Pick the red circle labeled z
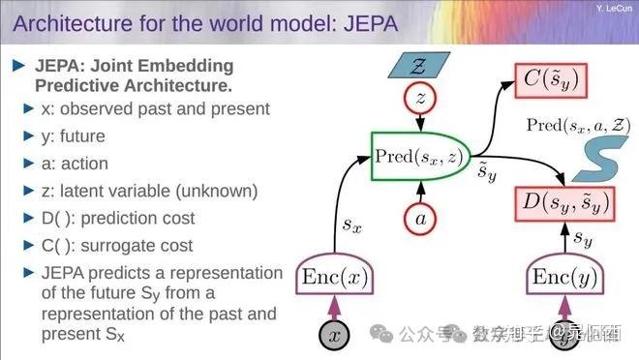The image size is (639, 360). tap(419, 97)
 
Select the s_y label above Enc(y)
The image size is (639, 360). tap(582, 235)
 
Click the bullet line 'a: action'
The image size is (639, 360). tap(75, 164)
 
